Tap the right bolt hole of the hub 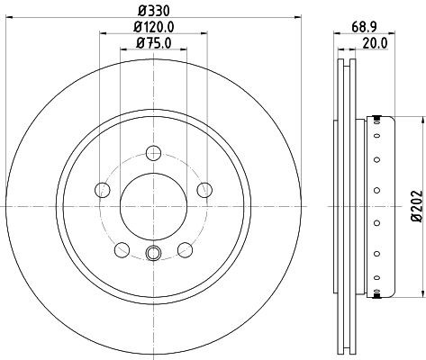pyautogui.click(x=205, y=189)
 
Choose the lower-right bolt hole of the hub pyautogui.click(x=186, y=249)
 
